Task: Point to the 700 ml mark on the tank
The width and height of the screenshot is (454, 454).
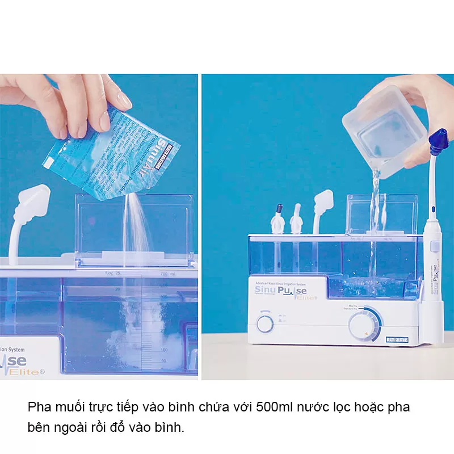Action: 166,274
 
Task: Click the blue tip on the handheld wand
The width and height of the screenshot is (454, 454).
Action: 438,142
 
